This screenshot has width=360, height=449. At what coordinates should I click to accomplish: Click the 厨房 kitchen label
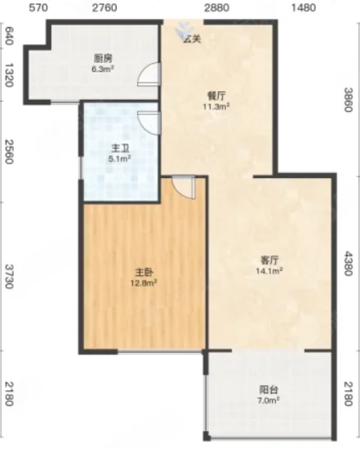pyautogui.click(x=103, y=59)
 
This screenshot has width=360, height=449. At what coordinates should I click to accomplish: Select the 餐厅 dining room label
pyautogui.click(x=216, y=96)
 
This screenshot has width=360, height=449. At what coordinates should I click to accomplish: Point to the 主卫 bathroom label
pyautogui.click(x=120, y=149)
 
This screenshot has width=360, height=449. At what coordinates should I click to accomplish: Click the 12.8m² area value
pyautogui.click(x=144, y=283)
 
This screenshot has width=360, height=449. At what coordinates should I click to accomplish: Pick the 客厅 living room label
pyautogui.click(x=269, y=260)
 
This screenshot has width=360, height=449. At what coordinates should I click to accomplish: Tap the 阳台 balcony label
pyautogui.click(x=269, y=390)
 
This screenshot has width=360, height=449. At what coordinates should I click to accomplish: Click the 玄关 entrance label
pyautogui.click(x=192, y=38)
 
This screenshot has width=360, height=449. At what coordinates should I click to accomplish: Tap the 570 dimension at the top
pyautogui.click(x=38, y=7)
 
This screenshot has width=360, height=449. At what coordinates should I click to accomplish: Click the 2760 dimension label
pyautogui.click(x=104, y=7)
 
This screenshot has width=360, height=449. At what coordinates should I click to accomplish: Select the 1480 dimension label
pyautogui.click(x=304, y=7)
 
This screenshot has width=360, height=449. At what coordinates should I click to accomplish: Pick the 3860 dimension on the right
pyautogui.click(x=348, y=100)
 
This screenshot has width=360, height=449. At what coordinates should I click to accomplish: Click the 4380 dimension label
pyautogui.click(x=348, y=264)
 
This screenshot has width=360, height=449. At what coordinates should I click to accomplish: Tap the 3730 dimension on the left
pyautogui.click(x=10, y=277)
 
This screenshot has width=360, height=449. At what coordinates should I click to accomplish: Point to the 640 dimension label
pyautogui.click(x=10, y=36)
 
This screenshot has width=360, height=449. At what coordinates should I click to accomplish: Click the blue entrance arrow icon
pyautogui.click(x=182, y=31)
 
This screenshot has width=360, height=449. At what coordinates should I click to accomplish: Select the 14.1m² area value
pyautogui.click(x=269, y=270)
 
